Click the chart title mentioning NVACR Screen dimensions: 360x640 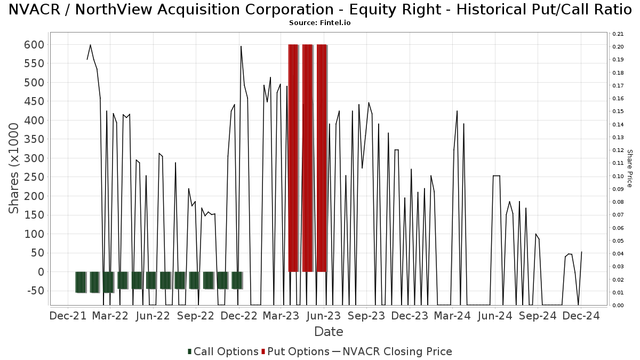click(x=320, y=10)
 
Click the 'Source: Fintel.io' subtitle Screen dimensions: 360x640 click(x=320, y=23)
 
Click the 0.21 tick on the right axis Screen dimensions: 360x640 click(x=618, y=34)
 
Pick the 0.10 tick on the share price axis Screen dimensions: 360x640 click(x=618, y=177)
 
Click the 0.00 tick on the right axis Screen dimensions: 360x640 click(x=618, y=306)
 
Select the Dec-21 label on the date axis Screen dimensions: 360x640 click(x=68, y=316)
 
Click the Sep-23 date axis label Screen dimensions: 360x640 click(x=366, y=316)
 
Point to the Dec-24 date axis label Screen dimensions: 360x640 click(x=581, y=316)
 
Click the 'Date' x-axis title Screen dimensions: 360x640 click(x=329, y=332)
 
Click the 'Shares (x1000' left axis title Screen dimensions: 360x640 click(x=14, y=169)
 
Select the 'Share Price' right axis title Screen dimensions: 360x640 click(x=629, y=169)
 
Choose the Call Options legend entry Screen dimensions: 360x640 click(x=223, y=351)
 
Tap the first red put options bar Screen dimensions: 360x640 click(x=293, y=158)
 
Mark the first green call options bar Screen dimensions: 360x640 click(x=81, y=282)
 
